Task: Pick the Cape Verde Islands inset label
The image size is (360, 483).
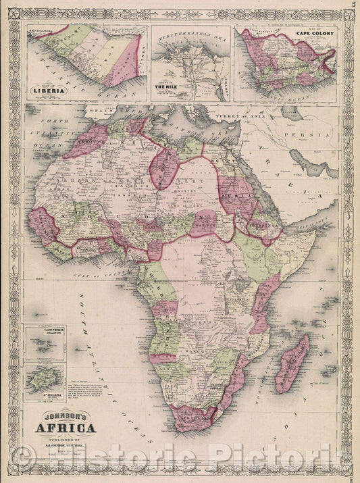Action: (45, 332)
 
